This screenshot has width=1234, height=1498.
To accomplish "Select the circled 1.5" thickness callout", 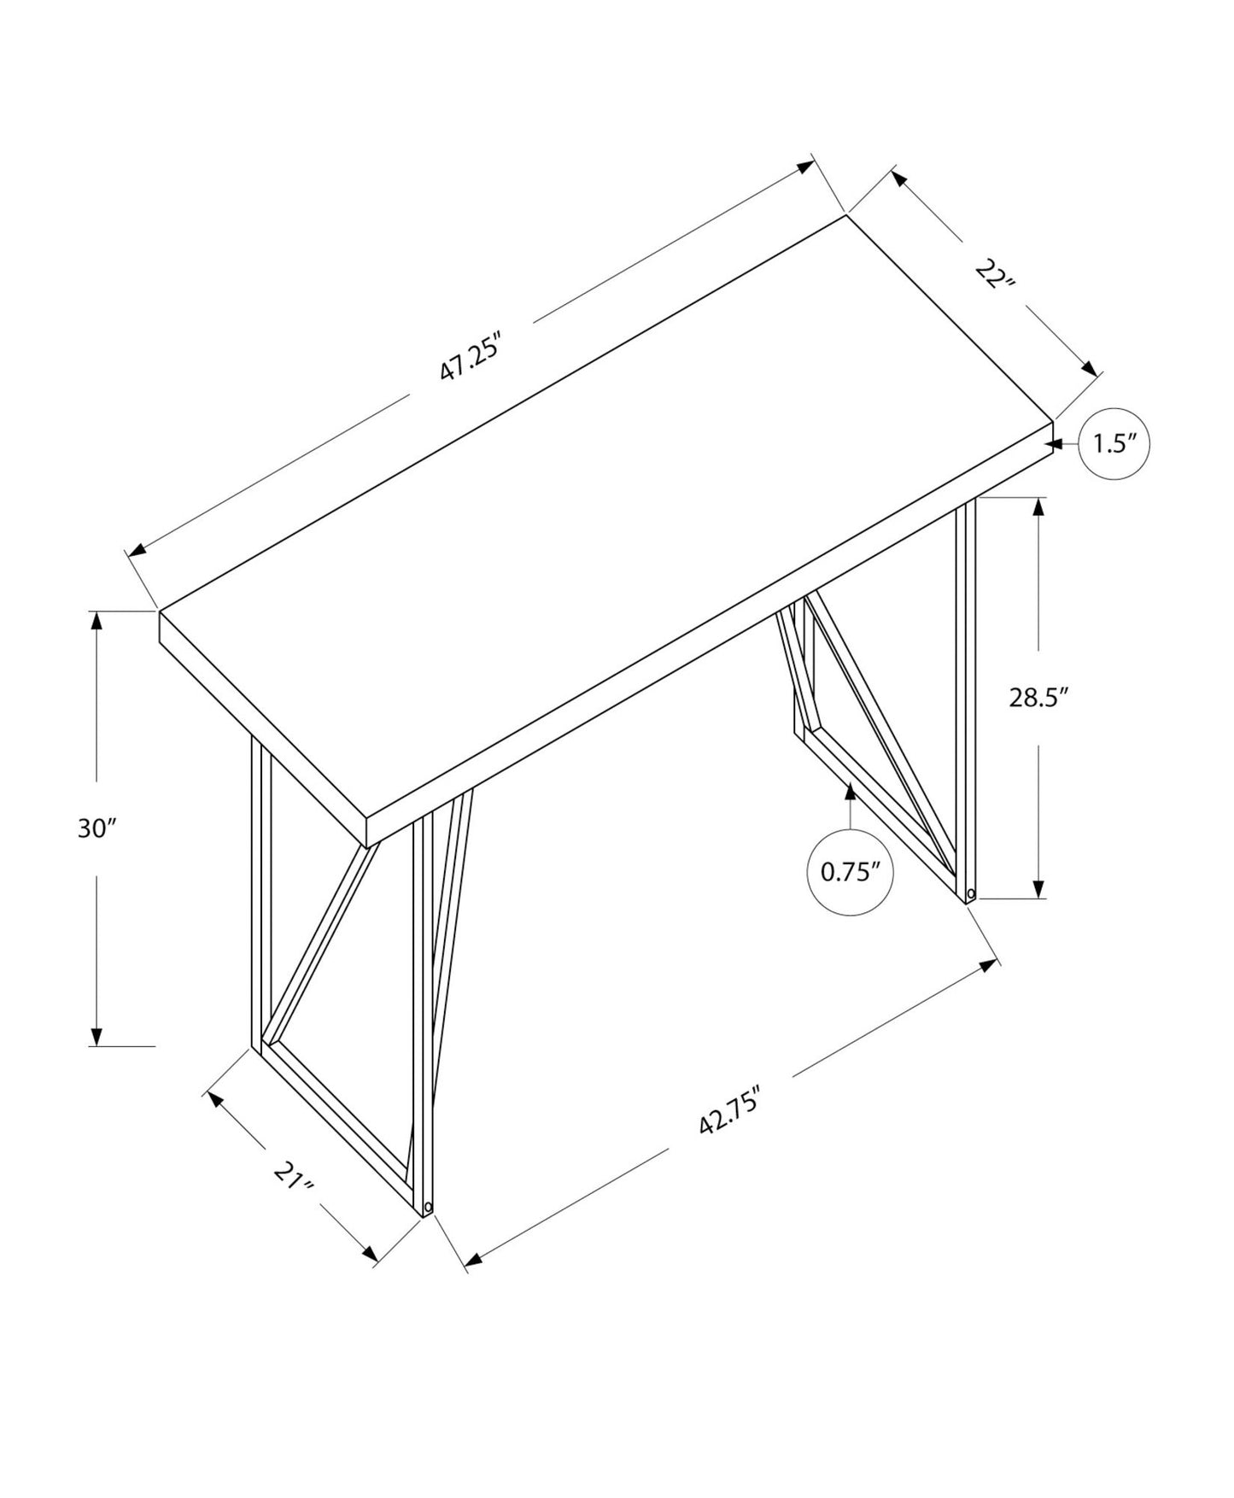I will [x=1114, y=444].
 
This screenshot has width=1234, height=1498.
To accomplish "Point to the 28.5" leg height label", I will [x=1038, y=698].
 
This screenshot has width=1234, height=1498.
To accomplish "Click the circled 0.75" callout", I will [x=851, y=872].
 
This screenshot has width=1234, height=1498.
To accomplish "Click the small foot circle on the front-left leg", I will [x=427, y=1208].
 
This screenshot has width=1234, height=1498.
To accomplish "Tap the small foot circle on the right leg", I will [x=970, y=894].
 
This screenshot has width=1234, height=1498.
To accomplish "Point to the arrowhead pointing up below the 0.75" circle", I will [x=850, y=793].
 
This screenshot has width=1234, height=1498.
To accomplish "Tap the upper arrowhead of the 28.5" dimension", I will [x=1038, y=507].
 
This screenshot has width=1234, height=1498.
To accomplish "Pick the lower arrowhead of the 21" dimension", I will [x=371, y=1254].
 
